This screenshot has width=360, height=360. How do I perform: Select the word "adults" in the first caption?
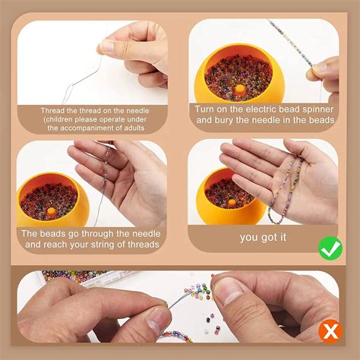click(x=149, y=128)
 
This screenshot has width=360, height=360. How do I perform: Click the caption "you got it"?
click(x=264, y=237)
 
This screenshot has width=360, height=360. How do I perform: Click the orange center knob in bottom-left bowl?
click(x=52, y=213)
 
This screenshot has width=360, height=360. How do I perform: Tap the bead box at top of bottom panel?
click(x=84, y=275)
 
